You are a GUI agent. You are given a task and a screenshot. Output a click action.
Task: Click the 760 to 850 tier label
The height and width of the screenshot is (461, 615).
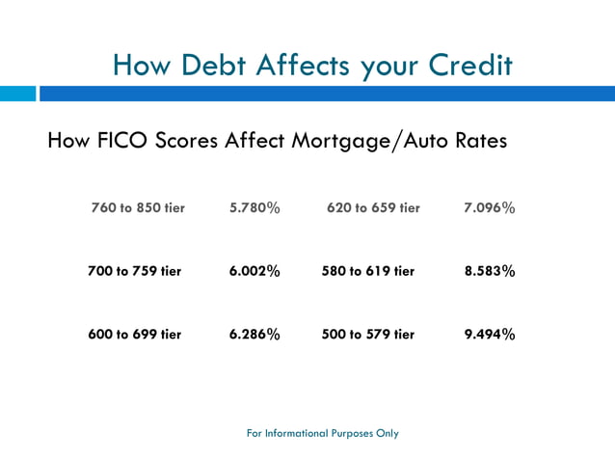(x=138, y=207)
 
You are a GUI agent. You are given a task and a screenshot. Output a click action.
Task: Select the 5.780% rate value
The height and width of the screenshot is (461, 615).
(x=254, y=207)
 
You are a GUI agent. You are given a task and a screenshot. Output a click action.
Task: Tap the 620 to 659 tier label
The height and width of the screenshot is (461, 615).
(x=373, y=207)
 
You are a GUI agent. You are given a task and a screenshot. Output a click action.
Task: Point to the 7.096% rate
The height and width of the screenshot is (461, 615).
(x=490, y=207)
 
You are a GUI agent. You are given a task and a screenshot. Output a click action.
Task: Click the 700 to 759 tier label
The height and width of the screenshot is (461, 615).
(x=134, y=271)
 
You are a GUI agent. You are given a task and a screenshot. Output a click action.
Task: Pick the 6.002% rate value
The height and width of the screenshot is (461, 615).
(x=254, y=271)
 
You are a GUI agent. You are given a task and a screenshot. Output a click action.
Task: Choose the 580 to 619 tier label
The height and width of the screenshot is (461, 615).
(x=367, y=271)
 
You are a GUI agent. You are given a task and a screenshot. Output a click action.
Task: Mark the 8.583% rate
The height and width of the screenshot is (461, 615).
(x=490, y=271)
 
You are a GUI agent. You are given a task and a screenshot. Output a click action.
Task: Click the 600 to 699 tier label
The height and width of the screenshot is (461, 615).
(x=134, y=335)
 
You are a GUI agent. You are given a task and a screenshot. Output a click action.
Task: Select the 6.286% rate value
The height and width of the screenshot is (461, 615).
(x=254, y=335)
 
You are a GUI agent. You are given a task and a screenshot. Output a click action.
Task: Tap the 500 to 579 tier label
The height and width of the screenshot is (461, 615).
(x=367, y=335)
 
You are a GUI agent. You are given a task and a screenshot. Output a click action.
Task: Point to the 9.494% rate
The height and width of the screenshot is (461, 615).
(x=490, y=335)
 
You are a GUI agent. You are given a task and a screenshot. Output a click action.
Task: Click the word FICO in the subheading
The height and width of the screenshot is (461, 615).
(x=122, y=141)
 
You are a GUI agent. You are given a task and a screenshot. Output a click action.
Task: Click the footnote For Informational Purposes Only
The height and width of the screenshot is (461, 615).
(x=323, y=433)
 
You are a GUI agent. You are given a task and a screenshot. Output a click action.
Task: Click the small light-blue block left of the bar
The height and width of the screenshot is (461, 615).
(x=17, y=94)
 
